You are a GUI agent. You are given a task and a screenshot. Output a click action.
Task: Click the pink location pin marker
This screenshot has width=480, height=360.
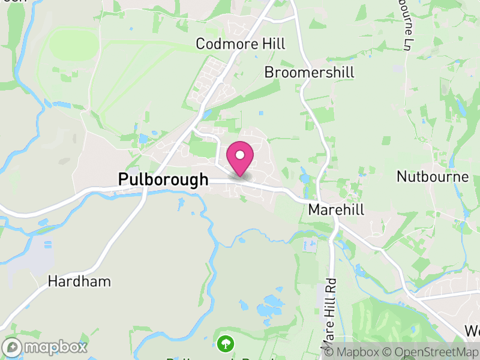[x=240, y=159]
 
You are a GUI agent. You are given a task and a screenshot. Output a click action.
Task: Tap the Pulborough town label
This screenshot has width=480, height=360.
[x=163, y=179]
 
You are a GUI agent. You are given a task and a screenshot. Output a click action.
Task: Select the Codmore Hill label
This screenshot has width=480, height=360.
[x=241, y=44]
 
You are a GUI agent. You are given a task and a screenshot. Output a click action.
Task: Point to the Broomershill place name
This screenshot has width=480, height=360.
[x=310, y=73]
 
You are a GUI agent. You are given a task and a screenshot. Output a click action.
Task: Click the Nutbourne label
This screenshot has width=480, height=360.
[x=433, y=176]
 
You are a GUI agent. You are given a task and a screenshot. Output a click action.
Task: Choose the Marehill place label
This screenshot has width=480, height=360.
[x=336, y=209]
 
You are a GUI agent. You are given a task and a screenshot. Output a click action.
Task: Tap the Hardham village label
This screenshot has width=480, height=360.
[x=80, y=281]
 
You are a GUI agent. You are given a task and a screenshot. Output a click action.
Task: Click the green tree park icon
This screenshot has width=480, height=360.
[x=226, y=344]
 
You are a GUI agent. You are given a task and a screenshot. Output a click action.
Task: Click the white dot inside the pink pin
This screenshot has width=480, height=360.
[x=240, y=155]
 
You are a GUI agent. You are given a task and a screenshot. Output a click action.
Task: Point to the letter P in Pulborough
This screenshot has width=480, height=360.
[x=123, y=179]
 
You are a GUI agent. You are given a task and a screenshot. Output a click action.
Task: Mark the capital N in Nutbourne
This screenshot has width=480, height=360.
[x=401, y=176]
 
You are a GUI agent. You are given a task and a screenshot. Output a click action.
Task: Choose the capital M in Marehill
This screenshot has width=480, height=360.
[x=313, y=209]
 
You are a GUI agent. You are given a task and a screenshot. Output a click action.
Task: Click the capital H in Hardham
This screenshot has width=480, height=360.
[x=52, y=281]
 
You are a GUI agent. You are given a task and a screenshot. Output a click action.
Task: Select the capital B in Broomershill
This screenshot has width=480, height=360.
[x=269, y=73]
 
